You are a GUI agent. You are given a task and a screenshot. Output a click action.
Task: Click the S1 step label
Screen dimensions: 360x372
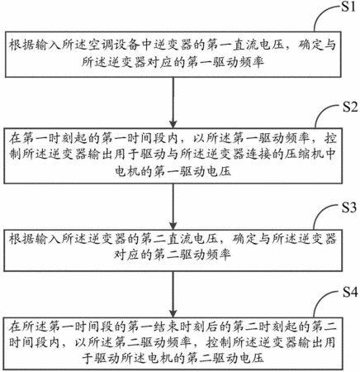pyautogui.click(x=348, y=7)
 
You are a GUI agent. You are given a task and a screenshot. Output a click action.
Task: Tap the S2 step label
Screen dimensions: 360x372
pyautogui.click(x=350, y=107)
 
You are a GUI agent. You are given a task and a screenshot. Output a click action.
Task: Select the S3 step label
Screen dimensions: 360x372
pyautogui.click(x=349, y=207)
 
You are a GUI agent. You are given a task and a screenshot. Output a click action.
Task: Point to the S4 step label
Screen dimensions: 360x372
pyautogui.click(x=350, y=292)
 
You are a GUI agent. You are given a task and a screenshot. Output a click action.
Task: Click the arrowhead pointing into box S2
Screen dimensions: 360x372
pyautogui.click(x=173, y=123)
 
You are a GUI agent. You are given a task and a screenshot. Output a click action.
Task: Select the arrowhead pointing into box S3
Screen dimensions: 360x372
pyautogui.click(x=173, y=226)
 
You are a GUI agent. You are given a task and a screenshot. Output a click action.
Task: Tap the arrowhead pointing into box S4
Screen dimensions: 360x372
pyautogui.click(x=173, y=313)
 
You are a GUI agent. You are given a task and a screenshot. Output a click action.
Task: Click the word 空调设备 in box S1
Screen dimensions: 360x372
pyautogui.click(x=114, y=45)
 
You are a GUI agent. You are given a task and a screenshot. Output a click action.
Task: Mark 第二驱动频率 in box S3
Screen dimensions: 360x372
pyautogui.click(x=192, y=255)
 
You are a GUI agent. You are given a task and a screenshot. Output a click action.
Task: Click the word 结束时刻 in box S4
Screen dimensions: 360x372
pyautogui.click(x=179, y=327)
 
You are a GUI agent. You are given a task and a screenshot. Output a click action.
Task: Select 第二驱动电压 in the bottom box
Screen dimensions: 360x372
pyautogui.click(x=225, y=358)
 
